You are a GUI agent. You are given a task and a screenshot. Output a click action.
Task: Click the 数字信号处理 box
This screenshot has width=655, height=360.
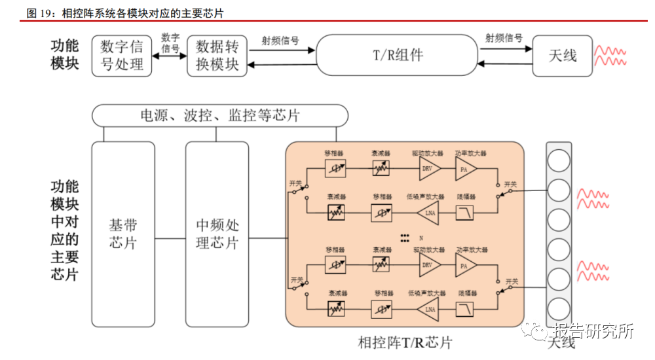point(121,56)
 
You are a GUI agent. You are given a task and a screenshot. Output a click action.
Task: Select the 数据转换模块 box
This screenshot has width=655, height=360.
point(217,56)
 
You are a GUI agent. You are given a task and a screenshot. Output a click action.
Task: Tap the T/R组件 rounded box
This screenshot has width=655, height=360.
point(398,55)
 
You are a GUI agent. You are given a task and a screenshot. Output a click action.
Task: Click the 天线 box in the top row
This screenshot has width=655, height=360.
point(563,55)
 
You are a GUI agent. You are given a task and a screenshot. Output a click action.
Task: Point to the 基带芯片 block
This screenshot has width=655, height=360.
point(123,234)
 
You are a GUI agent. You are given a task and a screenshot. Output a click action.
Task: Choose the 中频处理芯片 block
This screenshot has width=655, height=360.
point(217,234)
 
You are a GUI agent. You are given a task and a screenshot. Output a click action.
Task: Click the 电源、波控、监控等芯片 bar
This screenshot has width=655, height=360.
point(220,116)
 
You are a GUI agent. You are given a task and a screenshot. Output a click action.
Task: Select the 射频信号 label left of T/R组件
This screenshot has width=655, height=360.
point(280,40)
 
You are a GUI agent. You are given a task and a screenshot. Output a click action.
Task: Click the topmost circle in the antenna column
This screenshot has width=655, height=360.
point(559,160)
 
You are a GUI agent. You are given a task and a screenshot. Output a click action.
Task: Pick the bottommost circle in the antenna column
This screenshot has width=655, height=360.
point(559,308)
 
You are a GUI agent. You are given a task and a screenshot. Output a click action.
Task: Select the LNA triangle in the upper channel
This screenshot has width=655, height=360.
point(428,213)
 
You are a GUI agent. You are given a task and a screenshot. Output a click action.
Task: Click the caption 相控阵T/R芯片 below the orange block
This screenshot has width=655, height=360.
point(405,342)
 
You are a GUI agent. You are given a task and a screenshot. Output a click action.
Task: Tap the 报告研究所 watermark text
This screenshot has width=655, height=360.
point(593,332)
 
